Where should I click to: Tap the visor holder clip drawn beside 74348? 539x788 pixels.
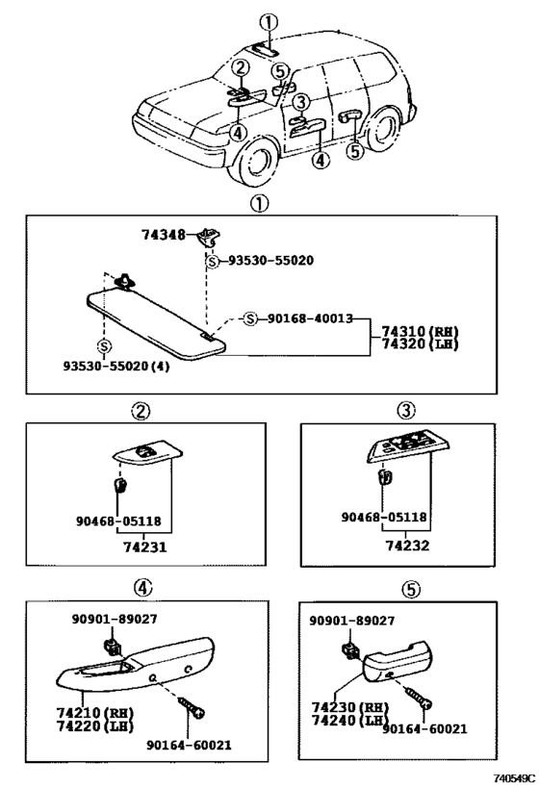click(x=207, y=237)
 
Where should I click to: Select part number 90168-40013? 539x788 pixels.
click(x=310, y=318)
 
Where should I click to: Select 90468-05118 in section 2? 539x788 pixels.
click(x=118, y=521)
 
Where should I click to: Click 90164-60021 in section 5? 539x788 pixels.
click(x=424, y=729)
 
